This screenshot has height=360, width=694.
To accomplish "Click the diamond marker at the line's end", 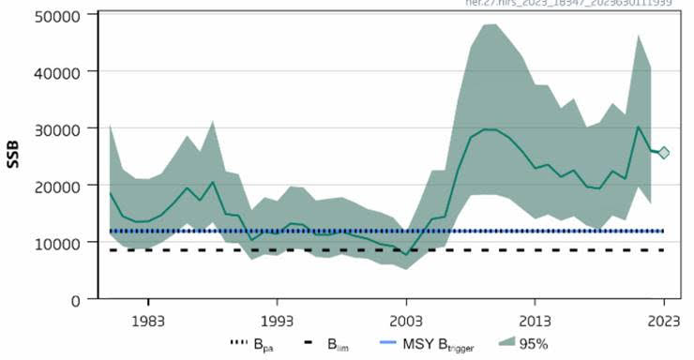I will click(x=664, y=153).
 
